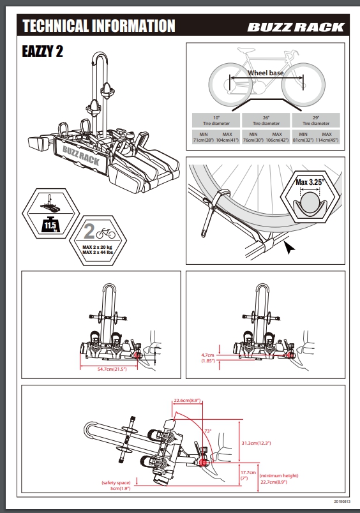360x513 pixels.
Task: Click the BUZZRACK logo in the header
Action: pyautogui.click(x=296, y=27)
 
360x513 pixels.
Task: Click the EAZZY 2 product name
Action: pyautogui.click(x=42, y=52)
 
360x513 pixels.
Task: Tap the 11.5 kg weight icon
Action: pyautogui.click(x=50, y=225)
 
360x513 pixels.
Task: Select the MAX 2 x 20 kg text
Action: pyautogui.click(x=97, y=248)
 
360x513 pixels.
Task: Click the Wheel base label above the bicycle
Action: pyautogui.click(x=266, y=73)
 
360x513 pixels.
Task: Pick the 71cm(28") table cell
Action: pyautogui.click(x=203, y=140)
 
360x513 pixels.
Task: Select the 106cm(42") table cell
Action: pyautogui.click(x=277, y=140)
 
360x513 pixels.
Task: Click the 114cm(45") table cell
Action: pyautogui.click(x=327, y=140)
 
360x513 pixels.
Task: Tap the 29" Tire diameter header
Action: pyautogui.click(x=316, y=121)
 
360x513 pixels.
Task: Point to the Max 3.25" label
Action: pyautogui.click(x=310, y=182)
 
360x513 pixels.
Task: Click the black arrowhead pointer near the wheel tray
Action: pyautogui.click(x=289, y=248)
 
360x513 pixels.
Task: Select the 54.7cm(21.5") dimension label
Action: pyautogui.click(x=112, y=369)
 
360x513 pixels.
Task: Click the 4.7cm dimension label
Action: pyautogui.click(x=208, y=355)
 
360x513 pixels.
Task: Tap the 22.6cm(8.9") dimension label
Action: pyautogui.click(x=187, y=401)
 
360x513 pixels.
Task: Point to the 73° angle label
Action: pyautogui.click(x=208, y=431)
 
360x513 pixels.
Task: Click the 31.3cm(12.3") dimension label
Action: pyautogui.click(x=256, y=443)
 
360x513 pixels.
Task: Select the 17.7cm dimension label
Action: pyautogui.click(x=248, y=472)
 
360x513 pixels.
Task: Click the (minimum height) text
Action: pyautogui.click(x=279, y=476)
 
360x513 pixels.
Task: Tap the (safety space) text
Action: pyautogui.click(x=116, y=482)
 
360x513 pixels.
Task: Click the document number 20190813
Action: pyautogui.click(x=342, y=502)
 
